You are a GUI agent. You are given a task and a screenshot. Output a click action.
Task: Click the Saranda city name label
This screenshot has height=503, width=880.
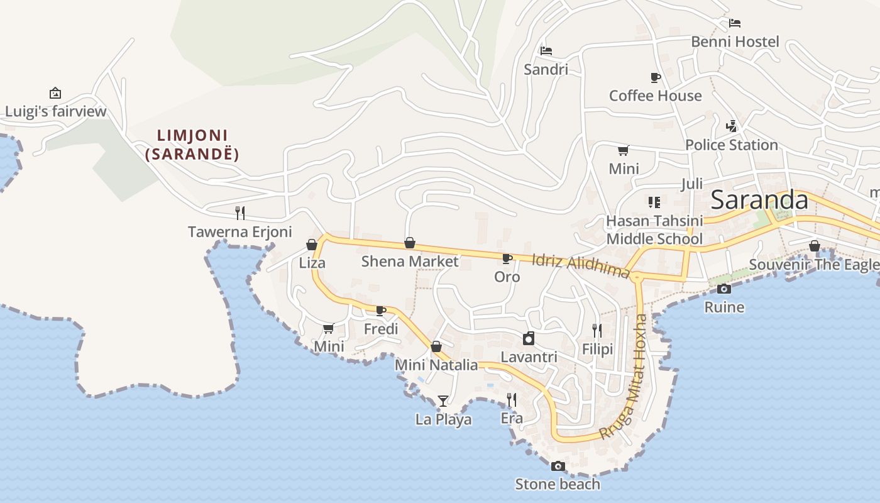point(759,200)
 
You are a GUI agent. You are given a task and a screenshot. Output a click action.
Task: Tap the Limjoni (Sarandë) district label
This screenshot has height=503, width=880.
point(192,145)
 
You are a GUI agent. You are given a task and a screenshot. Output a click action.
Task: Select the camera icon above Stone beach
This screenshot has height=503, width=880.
point(558,466)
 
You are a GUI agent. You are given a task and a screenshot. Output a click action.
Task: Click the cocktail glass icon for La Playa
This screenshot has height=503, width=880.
point(443,401)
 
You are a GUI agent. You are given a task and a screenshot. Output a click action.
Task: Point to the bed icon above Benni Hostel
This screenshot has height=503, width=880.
point(735,23)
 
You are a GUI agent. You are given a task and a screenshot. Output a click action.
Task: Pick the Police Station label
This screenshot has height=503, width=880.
point(731,145)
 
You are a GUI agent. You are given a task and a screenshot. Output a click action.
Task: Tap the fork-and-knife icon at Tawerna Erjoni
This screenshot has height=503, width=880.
point(239,213)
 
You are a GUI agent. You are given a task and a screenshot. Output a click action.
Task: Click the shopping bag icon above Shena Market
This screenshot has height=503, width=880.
point(409,243)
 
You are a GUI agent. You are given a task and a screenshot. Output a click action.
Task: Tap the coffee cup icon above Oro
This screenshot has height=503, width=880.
point(507,258)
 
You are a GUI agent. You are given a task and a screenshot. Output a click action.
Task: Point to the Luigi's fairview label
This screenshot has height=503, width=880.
point(55,112)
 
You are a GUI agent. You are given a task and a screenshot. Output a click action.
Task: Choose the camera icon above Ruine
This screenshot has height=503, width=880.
point(724,289)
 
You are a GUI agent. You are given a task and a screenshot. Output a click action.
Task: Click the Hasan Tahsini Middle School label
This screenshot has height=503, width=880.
point(654,229)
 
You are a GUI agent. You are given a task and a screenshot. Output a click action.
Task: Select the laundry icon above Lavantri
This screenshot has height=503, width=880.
point(529,338)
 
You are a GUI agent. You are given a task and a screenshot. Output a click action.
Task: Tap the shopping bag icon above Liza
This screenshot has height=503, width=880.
point(312,245)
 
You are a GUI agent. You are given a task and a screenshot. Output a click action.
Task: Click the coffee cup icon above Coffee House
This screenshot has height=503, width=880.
point(655,77)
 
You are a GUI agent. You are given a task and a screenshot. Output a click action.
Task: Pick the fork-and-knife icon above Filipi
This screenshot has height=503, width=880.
point(597,330)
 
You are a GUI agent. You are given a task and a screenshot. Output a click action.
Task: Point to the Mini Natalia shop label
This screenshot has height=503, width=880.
point(436,365)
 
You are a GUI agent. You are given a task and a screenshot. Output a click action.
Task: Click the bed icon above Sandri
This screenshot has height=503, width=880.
point(546,50)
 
